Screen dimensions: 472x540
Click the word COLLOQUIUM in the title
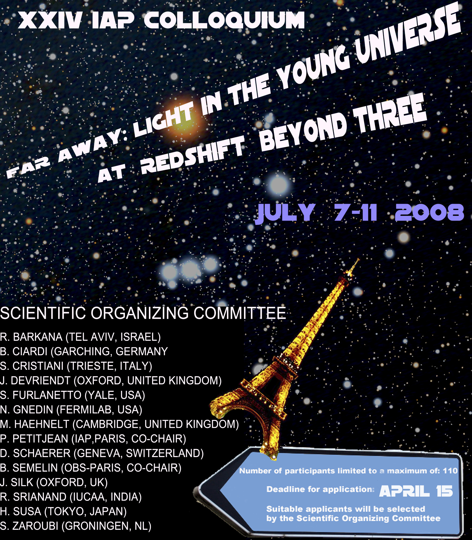click(x=224, y=20)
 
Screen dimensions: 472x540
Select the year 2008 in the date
click(x=430, y=212)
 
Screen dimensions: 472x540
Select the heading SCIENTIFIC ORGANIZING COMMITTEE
click(x=143, y=313)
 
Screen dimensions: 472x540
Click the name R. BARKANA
click(x=31, y=337)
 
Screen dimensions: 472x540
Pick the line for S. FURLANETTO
click(x=72, y=395)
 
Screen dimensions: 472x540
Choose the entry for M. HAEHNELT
click(x=119, y=424)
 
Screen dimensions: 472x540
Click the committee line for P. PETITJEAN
click(x=93, y=439)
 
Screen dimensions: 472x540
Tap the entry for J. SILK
click(x=54, y=482)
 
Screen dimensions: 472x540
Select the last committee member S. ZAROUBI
click(x=75, y=526)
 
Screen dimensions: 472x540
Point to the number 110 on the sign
click(x=450, y=471)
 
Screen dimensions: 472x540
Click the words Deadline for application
click(x=320, y=489)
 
